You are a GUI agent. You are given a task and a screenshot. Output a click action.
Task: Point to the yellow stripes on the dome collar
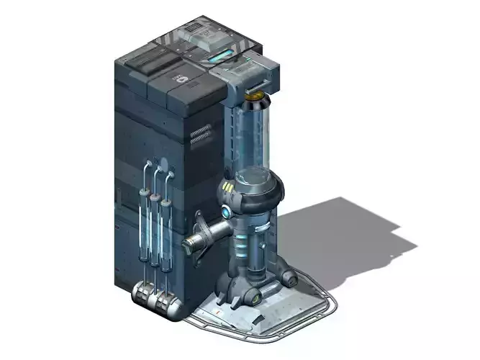click(x=228, y=189)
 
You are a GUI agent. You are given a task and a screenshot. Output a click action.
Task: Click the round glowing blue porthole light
click(x=227, y=212)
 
